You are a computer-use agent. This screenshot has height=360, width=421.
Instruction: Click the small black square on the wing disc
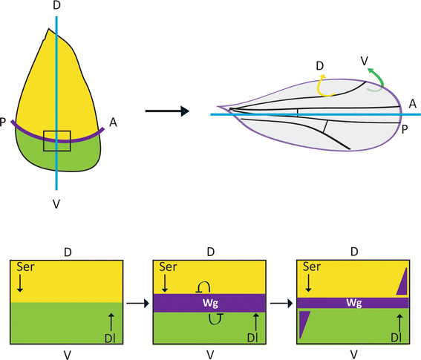coord(56,140)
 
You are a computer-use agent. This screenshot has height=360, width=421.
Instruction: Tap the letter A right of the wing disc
coord(112,122)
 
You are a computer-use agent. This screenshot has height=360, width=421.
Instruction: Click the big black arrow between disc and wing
coord(165,111)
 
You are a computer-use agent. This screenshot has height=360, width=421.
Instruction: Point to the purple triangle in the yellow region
coord(403,281)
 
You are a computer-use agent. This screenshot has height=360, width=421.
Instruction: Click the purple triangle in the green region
coord(304,324)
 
